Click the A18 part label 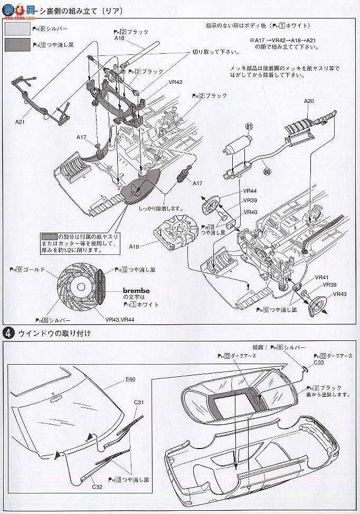coord(121,39)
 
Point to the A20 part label coord(309,101)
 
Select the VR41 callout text coord(321,277)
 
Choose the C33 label coord(319,363)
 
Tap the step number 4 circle coord(8,333)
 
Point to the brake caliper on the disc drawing coord(102,285)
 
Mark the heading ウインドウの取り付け coord(55,333)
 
